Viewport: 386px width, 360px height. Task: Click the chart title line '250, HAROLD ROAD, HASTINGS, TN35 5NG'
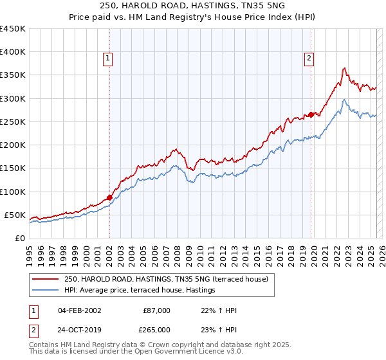click(193, 5)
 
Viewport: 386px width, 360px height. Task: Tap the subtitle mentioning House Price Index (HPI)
click(193, 17)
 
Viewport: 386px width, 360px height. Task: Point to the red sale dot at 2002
click(109, 197)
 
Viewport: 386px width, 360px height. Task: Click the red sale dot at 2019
click(311, 114)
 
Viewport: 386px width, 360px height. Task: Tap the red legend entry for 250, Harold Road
click(170, 278)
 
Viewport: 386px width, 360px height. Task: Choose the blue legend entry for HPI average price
click(139, 291)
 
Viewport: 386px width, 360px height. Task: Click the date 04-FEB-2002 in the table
click(78, 310)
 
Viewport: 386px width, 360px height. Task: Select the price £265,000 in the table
click(156, 330)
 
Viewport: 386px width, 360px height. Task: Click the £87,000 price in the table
click(156, 310)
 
